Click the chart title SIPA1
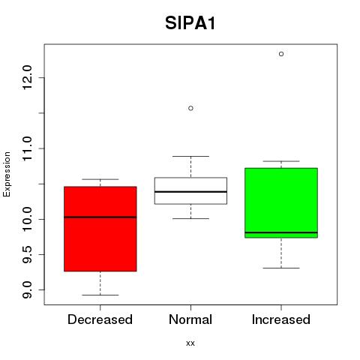pos(190,23)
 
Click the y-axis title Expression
pos(7,174)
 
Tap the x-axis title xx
pos(190,343)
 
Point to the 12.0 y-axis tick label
pos(26,77)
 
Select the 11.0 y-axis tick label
pos(26,148)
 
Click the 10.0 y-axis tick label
pos(26,219)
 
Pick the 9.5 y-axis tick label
pos(26,254)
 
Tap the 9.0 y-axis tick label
pos(26,290)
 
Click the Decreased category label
pos(100,319)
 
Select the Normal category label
pos(190,319)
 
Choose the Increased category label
pos(281,319)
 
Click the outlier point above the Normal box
pos(190,108)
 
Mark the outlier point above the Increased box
pos(281,54)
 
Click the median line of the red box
pos(100,217)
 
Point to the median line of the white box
pos(190,192)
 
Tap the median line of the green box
pos(281,232)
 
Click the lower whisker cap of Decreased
pos(100,295)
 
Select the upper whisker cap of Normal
pos(190,156)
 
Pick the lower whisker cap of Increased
pos(281,268)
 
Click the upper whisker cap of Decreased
pos(100,179)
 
